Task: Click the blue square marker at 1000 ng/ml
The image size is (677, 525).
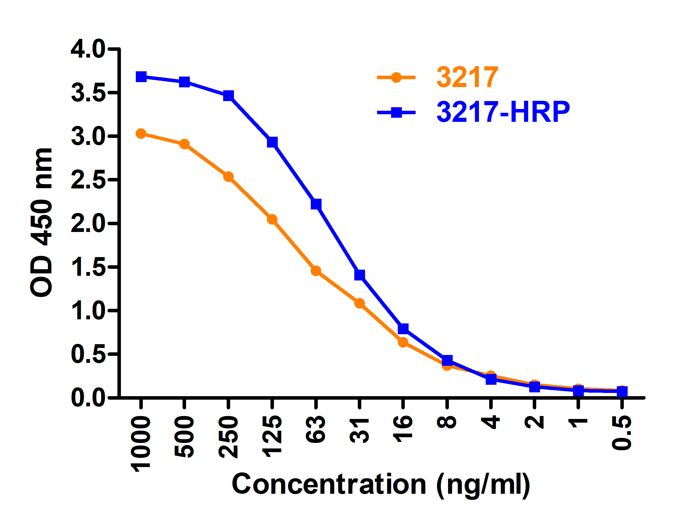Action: tap(141, 77)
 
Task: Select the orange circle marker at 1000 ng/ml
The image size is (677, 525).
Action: tap(141, 134)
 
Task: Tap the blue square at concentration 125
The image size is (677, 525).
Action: tap(272, 142)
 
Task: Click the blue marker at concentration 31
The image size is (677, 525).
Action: tap(360, 275)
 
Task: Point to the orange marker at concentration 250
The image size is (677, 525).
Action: tap(228, 177)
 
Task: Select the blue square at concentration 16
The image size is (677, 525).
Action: tap(403, 329)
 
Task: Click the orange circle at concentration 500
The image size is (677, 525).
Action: tap(185, 144)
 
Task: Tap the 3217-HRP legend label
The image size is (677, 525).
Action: tap(503, 112)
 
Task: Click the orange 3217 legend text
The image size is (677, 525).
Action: tap(467, 77)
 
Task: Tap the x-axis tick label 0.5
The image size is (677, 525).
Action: tap(622, 433)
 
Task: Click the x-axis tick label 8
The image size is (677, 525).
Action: tap(447, 422)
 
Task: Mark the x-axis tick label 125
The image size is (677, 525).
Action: tap(272, 436)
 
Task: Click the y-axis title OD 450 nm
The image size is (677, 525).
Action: tap(42, 222)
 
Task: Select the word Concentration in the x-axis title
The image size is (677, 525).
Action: tap(329, 485)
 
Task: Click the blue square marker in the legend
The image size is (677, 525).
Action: tap(396, 112)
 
